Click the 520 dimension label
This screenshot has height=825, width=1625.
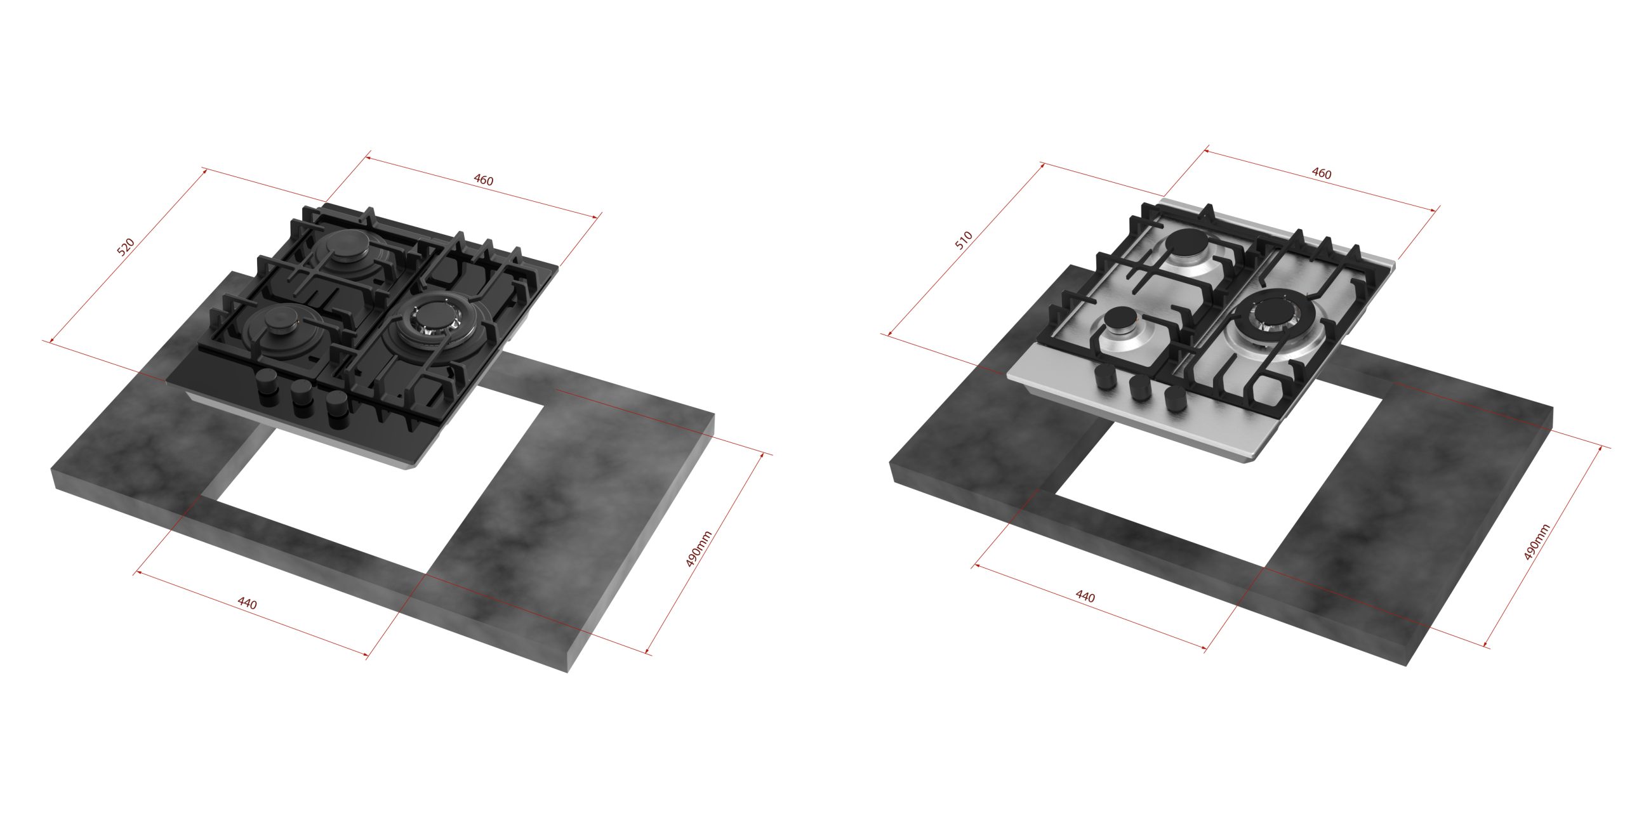coord(126,247)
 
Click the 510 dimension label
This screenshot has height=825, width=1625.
coord(964,241)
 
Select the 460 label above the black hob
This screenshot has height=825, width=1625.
coord(483,180)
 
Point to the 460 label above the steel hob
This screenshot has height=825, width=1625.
coord(1321,173)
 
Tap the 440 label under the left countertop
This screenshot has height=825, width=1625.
coord(247,603)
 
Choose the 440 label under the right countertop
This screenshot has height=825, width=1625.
coord(1085,597)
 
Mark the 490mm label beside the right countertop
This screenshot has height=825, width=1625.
coord(1537,542)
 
